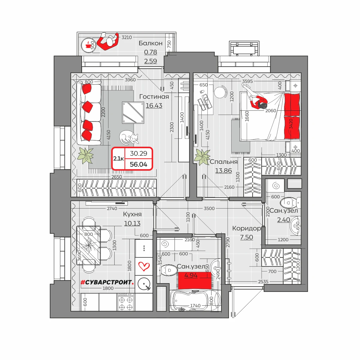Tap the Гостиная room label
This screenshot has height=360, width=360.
(154, 97)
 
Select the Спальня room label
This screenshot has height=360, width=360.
(223, 162)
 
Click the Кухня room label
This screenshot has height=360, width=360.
(132, 214)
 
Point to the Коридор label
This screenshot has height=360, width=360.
(246, 228)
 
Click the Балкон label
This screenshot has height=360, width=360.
(151, 43)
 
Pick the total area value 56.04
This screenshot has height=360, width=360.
(138, 164)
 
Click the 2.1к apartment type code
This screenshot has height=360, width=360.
(118, 159)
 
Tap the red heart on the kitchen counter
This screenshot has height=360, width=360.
(144, 266)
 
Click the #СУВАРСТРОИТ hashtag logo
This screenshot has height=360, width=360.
(107, 282)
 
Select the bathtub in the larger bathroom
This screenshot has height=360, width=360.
(195, 301)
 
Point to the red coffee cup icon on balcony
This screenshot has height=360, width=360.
(87, 45)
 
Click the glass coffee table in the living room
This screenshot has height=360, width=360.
(133, 113)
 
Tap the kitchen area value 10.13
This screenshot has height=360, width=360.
(132, 223)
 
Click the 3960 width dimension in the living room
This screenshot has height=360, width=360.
(130, 80)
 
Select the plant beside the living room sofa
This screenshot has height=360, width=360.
(85, 155)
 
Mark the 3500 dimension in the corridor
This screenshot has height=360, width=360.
(209, 208)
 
